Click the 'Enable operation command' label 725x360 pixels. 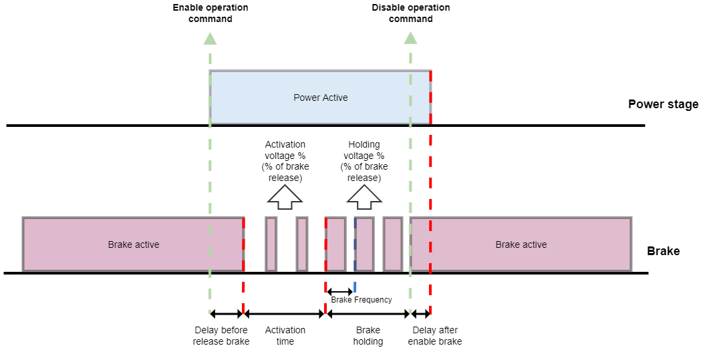pos(210,13)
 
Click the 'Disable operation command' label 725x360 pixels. pos(410,13)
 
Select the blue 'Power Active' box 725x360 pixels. pos(320,98)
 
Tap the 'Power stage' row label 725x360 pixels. pos(663,104)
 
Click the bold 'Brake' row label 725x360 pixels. pos(663,251)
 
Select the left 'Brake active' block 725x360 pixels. pos(133,244)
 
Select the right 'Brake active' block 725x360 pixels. pos(521,244)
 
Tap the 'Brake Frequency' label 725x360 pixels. pos(361,300)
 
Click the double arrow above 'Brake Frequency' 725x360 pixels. pos(339,291)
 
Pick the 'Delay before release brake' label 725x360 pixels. pos(221,336)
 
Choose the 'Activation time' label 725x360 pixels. pos(285,336)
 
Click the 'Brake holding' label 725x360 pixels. pos(368,336)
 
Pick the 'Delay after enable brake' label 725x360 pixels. pos(435,336)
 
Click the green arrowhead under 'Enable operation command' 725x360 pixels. pos(210,38)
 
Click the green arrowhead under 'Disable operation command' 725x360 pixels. pos(410,38)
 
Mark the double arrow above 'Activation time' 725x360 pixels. pos(285,313)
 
